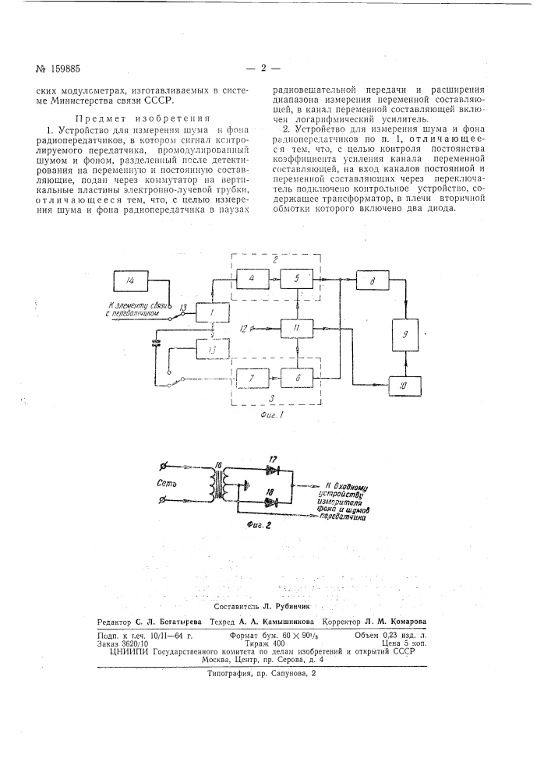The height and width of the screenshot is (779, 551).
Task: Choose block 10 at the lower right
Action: pyautogui.click(x=404, y=384)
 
